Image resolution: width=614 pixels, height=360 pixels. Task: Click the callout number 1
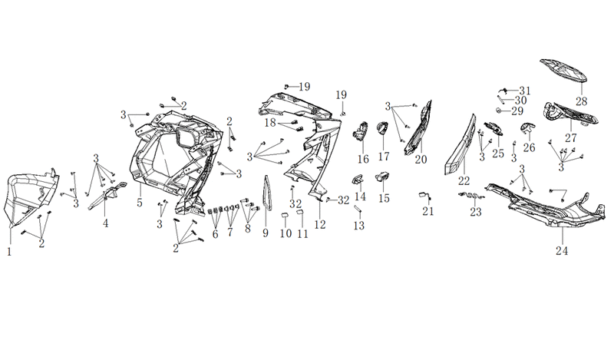[x=9, y=252]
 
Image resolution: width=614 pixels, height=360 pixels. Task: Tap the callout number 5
[x=140, y=203]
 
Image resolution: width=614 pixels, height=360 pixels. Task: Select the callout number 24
[x=562, y=251]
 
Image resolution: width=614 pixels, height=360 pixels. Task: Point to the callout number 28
[x=582, y=101]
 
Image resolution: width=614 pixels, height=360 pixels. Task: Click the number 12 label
[x=320, y=225]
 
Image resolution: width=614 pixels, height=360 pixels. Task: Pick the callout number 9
[x=266, y=233]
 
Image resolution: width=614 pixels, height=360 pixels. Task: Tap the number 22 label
[x=464, y=181]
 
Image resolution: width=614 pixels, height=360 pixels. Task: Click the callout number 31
[x=525, y=91]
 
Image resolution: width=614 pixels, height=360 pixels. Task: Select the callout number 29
[x=517, y=111]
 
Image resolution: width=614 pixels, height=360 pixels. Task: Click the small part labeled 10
[x=285, y=215]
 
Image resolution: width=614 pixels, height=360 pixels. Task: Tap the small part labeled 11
[x=299, y=213]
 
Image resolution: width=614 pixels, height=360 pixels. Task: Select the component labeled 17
[x=382, y=127]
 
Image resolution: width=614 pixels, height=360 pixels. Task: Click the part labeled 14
[x=358, y=179]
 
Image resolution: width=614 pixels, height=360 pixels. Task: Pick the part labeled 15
[x=381, y=177]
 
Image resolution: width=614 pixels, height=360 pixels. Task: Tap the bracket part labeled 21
[x=425, y=195]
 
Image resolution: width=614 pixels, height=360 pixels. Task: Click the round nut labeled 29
[x=500, y=110]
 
